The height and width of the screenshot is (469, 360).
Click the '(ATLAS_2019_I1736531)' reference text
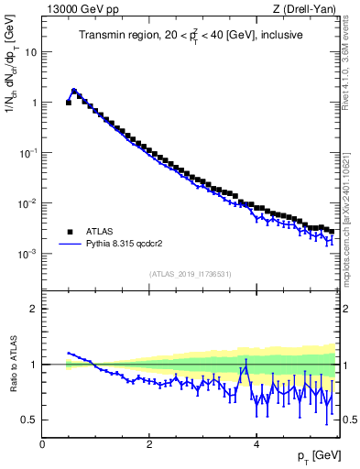(191, 274)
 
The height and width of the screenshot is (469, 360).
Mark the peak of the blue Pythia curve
(74, 91)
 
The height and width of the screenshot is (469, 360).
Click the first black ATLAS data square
(69, 103)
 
